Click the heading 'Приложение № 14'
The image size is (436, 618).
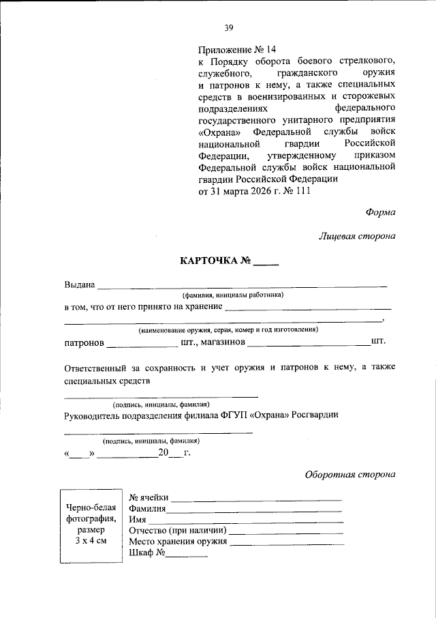pos(238,50)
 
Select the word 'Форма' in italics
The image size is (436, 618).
pos(380,212)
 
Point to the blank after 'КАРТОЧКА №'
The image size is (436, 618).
pos(266,263)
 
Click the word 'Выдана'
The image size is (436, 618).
pos(80,284)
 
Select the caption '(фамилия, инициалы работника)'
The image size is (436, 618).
pos(232,295)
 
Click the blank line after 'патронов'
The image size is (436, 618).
pos(142,343)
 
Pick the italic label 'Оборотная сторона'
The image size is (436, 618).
pos(349,474)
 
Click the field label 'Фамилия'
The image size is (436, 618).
pos(146,508)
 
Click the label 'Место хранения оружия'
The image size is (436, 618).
pos(178,542)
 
